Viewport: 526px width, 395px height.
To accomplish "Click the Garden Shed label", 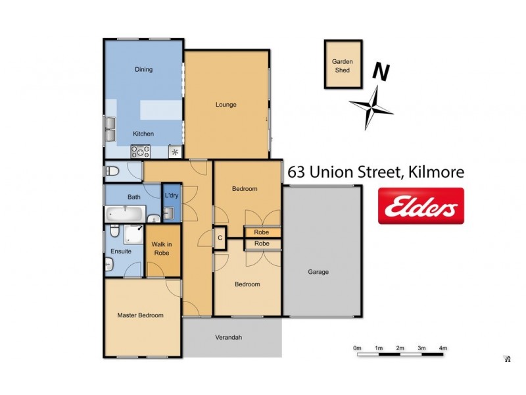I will (x=342, y=66).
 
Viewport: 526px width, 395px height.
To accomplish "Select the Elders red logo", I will (x=421, y=206).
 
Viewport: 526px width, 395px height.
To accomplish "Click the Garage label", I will (x=318, y=272).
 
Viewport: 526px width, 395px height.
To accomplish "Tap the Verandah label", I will (x=229, y=338).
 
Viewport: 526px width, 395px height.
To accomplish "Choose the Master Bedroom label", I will (x=140, y=315).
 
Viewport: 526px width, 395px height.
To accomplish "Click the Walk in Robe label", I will (x=162, y=249).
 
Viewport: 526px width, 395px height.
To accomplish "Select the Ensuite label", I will (x=121, y=251).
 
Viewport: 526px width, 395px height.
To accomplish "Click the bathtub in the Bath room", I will (x=124, y=214).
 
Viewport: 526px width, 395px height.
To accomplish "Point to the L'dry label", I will (x=172, y=196).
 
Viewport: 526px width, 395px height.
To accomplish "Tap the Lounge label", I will (x=226, y=105).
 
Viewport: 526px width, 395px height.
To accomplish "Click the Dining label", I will (x=143, y=69).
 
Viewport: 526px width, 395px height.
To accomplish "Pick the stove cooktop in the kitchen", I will (x=141, y=151).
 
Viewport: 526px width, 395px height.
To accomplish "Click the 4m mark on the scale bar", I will (x=443, y=348).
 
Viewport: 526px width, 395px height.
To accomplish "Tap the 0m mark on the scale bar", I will (x=357, y=348).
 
